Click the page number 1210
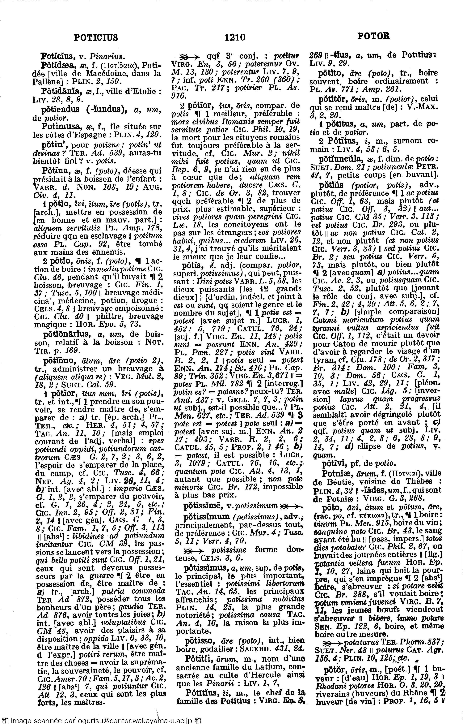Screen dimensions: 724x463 [x=235, y=37]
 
